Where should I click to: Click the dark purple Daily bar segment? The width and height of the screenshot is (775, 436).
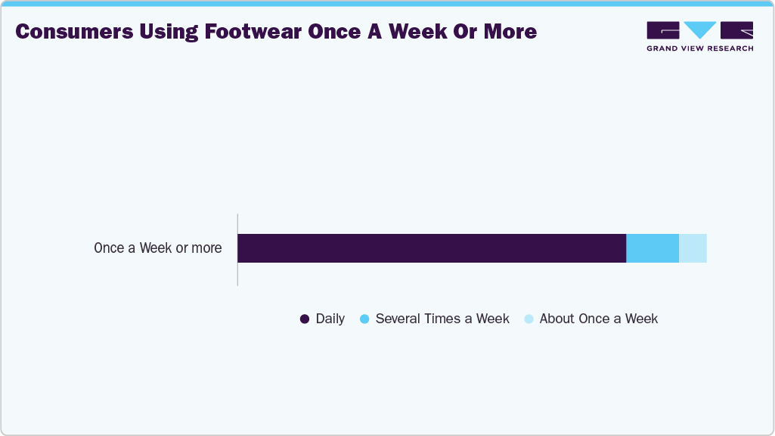pos(432,248)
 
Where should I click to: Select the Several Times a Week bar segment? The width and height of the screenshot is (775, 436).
pos(653,248)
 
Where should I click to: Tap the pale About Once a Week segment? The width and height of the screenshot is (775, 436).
pos(693,248)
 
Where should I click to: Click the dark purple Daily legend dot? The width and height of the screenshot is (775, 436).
pos(305,319)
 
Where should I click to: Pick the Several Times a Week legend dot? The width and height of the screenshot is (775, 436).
pos(364,319)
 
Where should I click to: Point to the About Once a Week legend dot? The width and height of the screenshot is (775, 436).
pos(529,319)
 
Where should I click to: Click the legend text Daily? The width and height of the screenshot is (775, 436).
pos(330,319)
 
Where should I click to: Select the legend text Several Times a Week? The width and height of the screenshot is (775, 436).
pos(442,319)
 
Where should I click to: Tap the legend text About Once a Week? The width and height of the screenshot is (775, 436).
pos(599,319)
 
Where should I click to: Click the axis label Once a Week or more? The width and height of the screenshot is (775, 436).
pos(158,248)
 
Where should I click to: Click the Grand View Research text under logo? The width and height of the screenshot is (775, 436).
pos(699,48)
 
